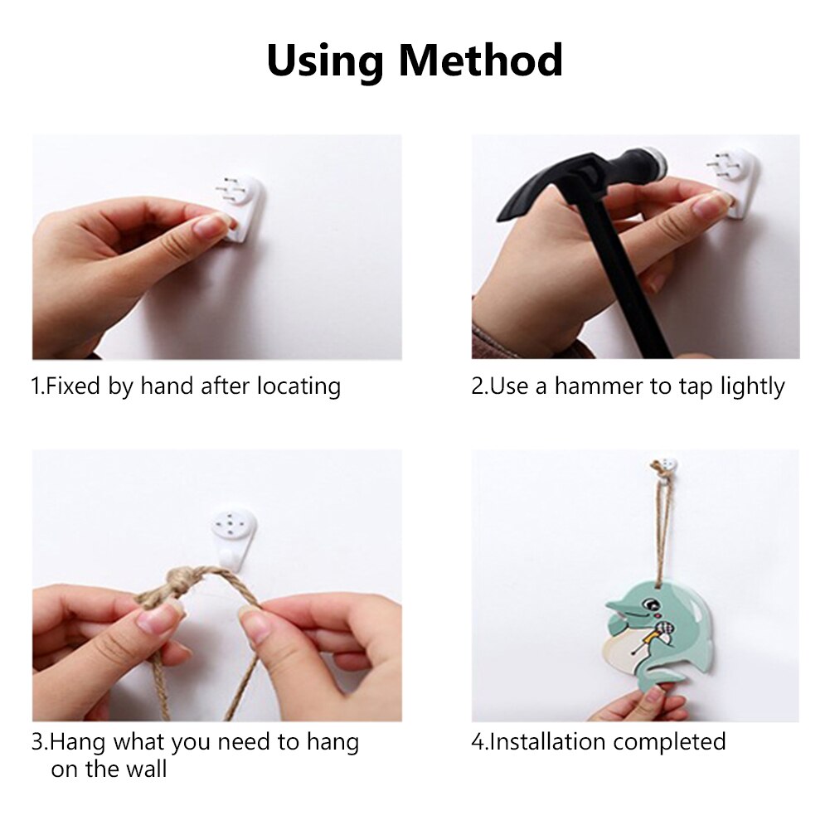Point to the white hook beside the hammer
(x=735, y=179)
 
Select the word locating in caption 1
(x=298, y=386)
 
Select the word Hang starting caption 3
(x=75, y=741)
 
